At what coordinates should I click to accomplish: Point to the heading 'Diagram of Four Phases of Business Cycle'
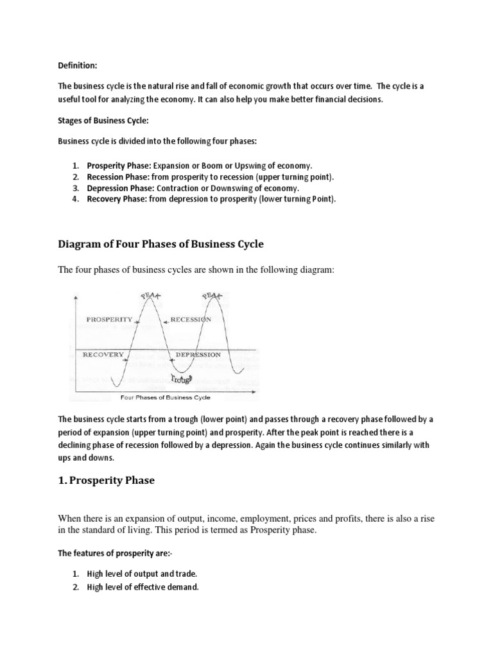pos(161,244)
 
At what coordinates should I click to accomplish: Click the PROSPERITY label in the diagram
pos(108,319)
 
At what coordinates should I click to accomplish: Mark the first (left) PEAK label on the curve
pos(151,296)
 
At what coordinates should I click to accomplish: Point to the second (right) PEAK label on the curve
pos(212,296)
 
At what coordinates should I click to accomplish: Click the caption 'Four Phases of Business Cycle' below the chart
pos(165,398)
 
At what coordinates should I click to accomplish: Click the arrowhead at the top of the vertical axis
pos(76,296)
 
